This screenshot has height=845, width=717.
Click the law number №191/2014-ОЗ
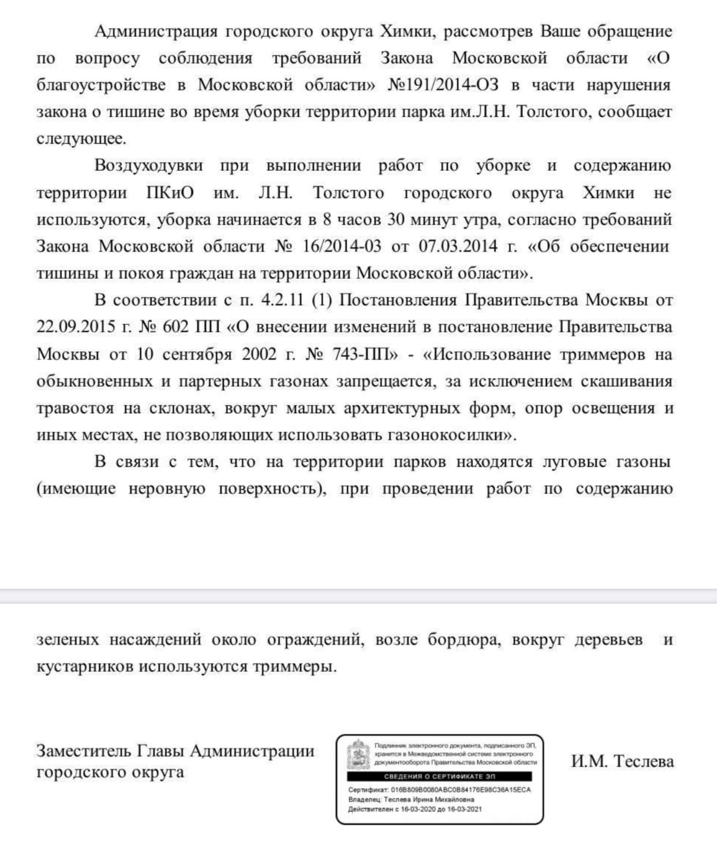(x=442, y=85)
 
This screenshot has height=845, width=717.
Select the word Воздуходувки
(x=149, y=166)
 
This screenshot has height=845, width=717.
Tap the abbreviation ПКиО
(x=170, y=193)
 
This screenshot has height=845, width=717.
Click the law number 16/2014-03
(x=342, y=246)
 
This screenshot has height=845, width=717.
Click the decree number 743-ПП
(x=365, y=354)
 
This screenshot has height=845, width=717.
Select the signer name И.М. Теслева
(x=622, y=761)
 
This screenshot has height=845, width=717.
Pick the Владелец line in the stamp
(x=411, y=799)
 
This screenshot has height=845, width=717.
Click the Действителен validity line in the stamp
(x=414, y=809)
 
